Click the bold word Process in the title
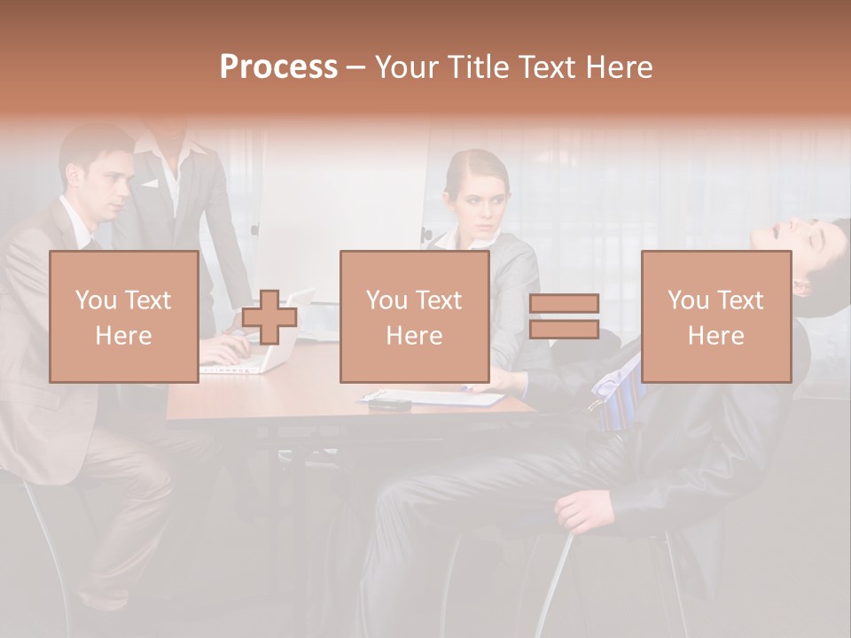[x=278, y=67]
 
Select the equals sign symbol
[x=564, y=316]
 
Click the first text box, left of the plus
[x=124, y=316]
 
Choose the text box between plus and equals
[x=414, y=316]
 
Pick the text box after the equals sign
[x=715, y=316]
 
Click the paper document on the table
[x=434, y=397]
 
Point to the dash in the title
[x=356, y=67]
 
